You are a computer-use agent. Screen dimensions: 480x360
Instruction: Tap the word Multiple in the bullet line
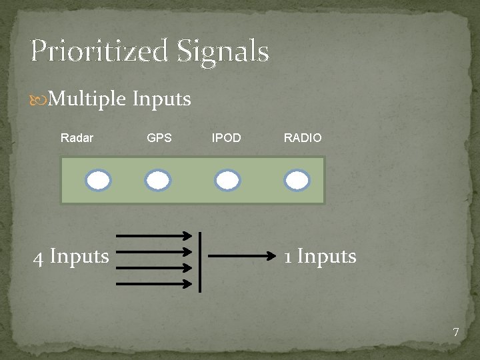[87, 99]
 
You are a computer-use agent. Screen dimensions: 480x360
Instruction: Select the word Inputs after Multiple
[162, 100]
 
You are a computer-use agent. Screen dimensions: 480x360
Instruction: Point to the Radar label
[77, 139]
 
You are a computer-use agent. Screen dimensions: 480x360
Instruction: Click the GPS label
[159, 139]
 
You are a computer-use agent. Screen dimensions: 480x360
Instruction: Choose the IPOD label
[227, 139]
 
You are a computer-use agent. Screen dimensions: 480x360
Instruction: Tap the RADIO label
[303, 139]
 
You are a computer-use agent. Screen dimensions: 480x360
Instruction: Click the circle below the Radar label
[98, 180]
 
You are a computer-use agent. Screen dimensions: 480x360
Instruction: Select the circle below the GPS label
[159, 180]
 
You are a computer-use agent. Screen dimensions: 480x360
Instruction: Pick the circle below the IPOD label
[228, 180]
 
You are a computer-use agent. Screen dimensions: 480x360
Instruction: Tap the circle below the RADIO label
[297, 180]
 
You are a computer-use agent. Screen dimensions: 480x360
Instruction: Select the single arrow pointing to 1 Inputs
[243, 255]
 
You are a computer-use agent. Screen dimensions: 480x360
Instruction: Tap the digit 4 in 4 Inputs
[39, 257]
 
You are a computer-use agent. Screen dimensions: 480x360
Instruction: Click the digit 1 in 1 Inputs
[287, 257]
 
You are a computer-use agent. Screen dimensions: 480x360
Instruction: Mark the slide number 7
[456, 332]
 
